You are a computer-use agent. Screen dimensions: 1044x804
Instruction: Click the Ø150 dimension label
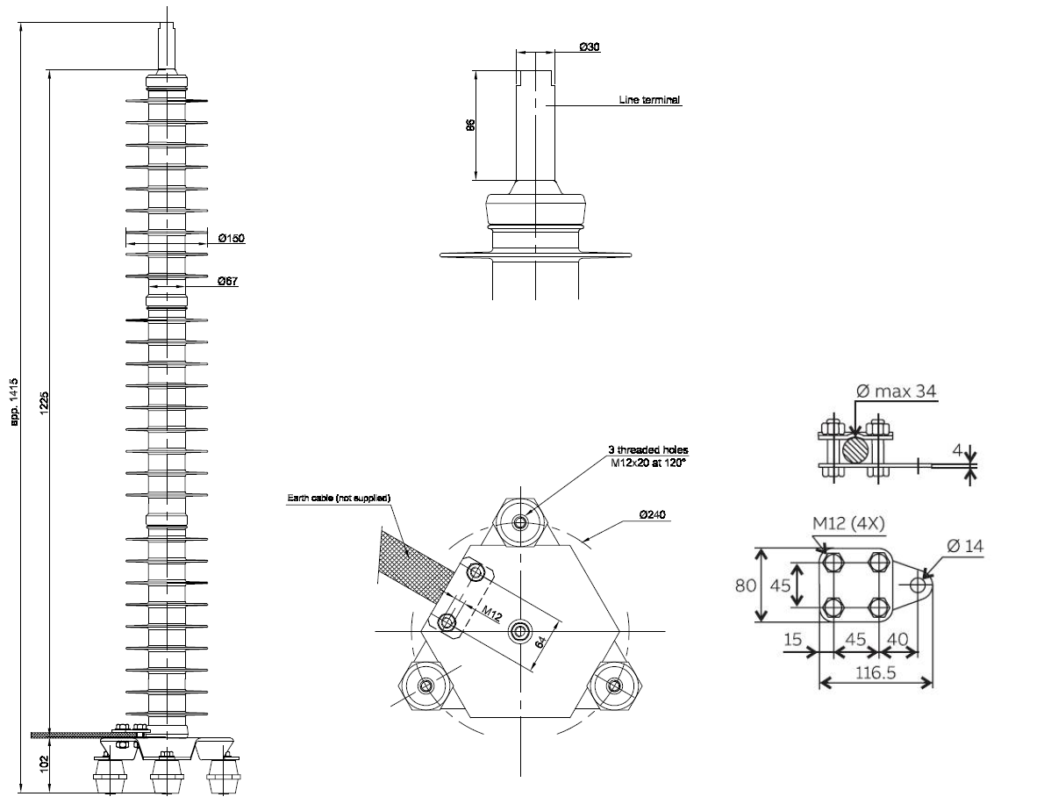tap(232, 238)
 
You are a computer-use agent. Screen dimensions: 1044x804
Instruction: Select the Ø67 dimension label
tap(228, 281)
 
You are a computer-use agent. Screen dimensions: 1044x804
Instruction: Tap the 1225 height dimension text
tap(44, 402)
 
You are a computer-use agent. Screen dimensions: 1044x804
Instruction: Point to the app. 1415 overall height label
tap(14, 402)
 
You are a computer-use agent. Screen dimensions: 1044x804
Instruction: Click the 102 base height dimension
tap(44, 763)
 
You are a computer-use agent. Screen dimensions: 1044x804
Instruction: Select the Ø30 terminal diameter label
tap(590, 47)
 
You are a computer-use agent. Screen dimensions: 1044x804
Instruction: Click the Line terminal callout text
tap(649, 100)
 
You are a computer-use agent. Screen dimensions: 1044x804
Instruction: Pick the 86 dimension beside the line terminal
tap(470, 125)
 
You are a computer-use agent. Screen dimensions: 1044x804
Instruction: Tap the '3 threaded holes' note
tap(647, 450)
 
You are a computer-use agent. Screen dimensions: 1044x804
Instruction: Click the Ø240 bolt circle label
tap(652, 514)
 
